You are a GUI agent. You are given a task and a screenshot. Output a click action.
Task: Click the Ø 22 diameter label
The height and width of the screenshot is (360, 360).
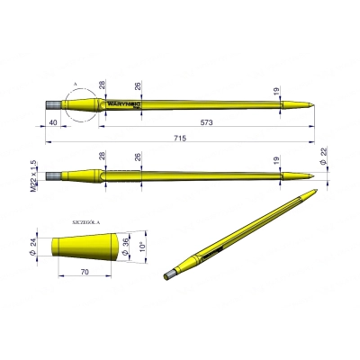[325, 168]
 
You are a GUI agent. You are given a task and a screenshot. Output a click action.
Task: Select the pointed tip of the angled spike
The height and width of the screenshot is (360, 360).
[317, 192]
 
